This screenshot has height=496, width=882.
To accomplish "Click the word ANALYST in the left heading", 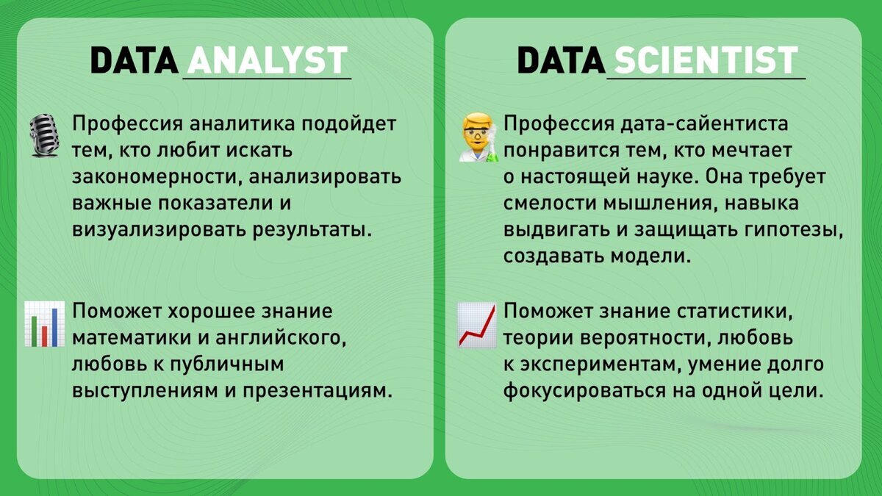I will [x=266, y=60].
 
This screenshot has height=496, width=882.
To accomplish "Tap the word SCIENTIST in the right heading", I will [x=705, y=60].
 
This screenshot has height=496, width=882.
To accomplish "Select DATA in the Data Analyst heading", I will [x=134, y=60].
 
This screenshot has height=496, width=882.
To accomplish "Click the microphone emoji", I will [x=43, y=135].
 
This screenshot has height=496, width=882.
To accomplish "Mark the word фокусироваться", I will [x=576, y=391].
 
